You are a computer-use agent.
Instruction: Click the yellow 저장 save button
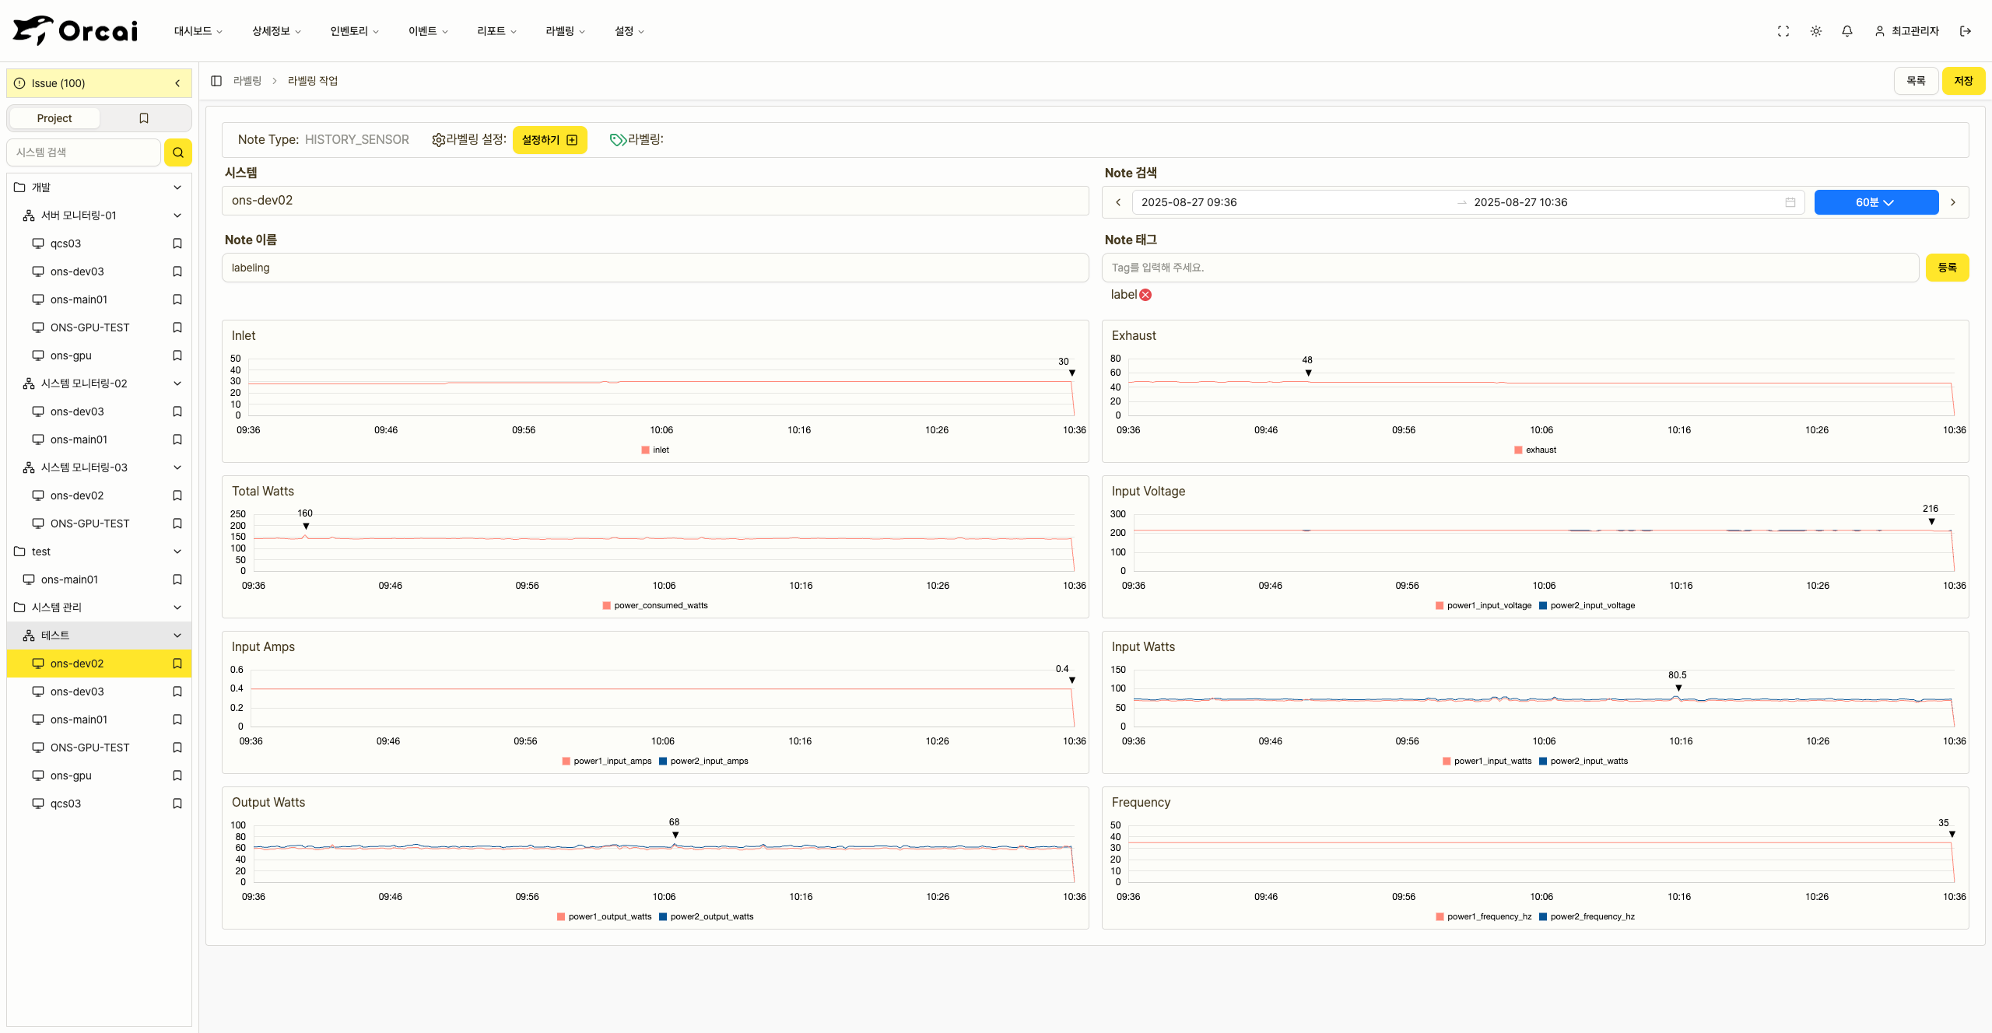tap(1962, 81)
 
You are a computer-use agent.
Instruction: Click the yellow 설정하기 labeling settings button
tap(549, 140)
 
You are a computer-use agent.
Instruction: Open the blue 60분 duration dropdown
tap(1875, 202)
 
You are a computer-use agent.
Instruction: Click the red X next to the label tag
tap(1145, 295)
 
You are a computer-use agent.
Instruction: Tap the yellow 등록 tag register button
tap(1947, 268)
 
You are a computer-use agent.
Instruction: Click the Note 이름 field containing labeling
tap(654, 268)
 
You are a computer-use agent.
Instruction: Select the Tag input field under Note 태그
tap(1510, 268)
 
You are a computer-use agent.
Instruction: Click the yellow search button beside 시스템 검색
tap(178, 152)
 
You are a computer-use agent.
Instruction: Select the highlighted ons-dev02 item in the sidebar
tap(77, 664)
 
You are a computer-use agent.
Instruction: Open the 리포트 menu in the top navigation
tap(496, 31)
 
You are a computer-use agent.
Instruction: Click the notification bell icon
tap(1847, 31)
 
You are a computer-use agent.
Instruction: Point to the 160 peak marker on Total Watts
tap(306, 527)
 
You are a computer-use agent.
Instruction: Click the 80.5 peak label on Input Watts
tap(1677, 675)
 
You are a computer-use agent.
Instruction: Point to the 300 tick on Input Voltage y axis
tap(1117, 514)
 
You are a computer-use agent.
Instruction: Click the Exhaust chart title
tap(1134, 336)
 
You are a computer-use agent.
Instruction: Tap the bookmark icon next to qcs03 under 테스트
tap(177, 804)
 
